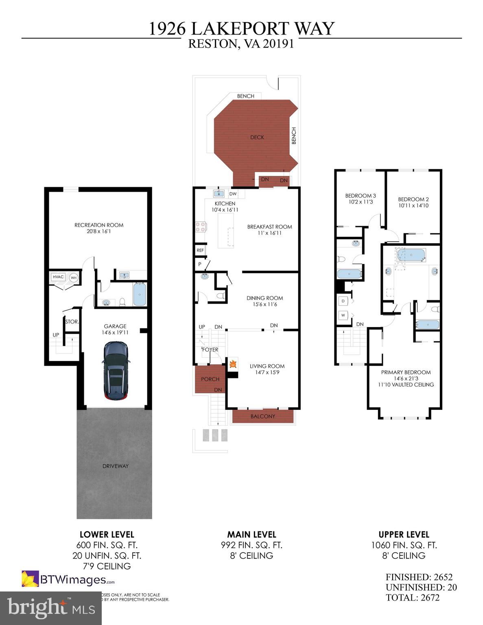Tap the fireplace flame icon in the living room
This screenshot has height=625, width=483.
[233, 364]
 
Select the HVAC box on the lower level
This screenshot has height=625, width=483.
[58, 277]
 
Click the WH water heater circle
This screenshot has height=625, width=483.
[74, 278]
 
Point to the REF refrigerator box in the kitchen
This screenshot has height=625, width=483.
[200, 250]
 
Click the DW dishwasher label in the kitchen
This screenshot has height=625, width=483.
[233, 194]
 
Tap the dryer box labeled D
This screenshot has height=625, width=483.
[343, 301]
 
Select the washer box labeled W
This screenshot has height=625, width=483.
[343, 315]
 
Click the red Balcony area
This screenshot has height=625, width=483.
[263, 416]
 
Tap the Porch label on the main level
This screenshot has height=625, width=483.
[210, 379]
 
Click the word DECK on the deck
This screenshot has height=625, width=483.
[257, 138]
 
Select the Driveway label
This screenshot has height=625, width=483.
[116, 466]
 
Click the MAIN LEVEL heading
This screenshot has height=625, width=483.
[251, 535]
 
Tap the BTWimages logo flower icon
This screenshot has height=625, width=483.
[30, 579]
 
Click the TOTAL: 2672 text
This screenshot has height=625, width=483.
[413, 597]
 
